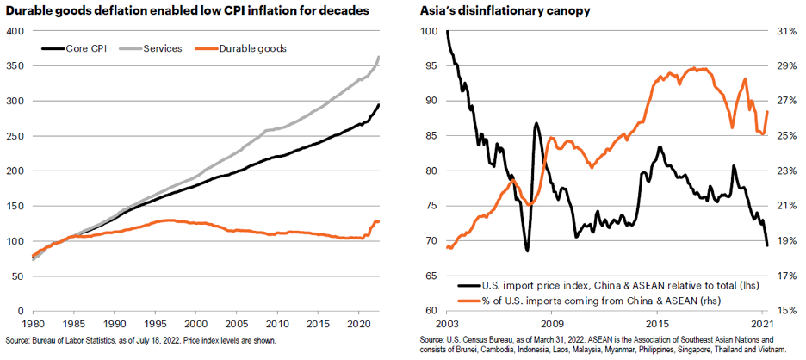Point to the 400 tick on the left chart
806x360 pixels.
pos(15,31)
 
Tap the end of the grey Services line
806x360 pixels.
pos(379,57)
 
